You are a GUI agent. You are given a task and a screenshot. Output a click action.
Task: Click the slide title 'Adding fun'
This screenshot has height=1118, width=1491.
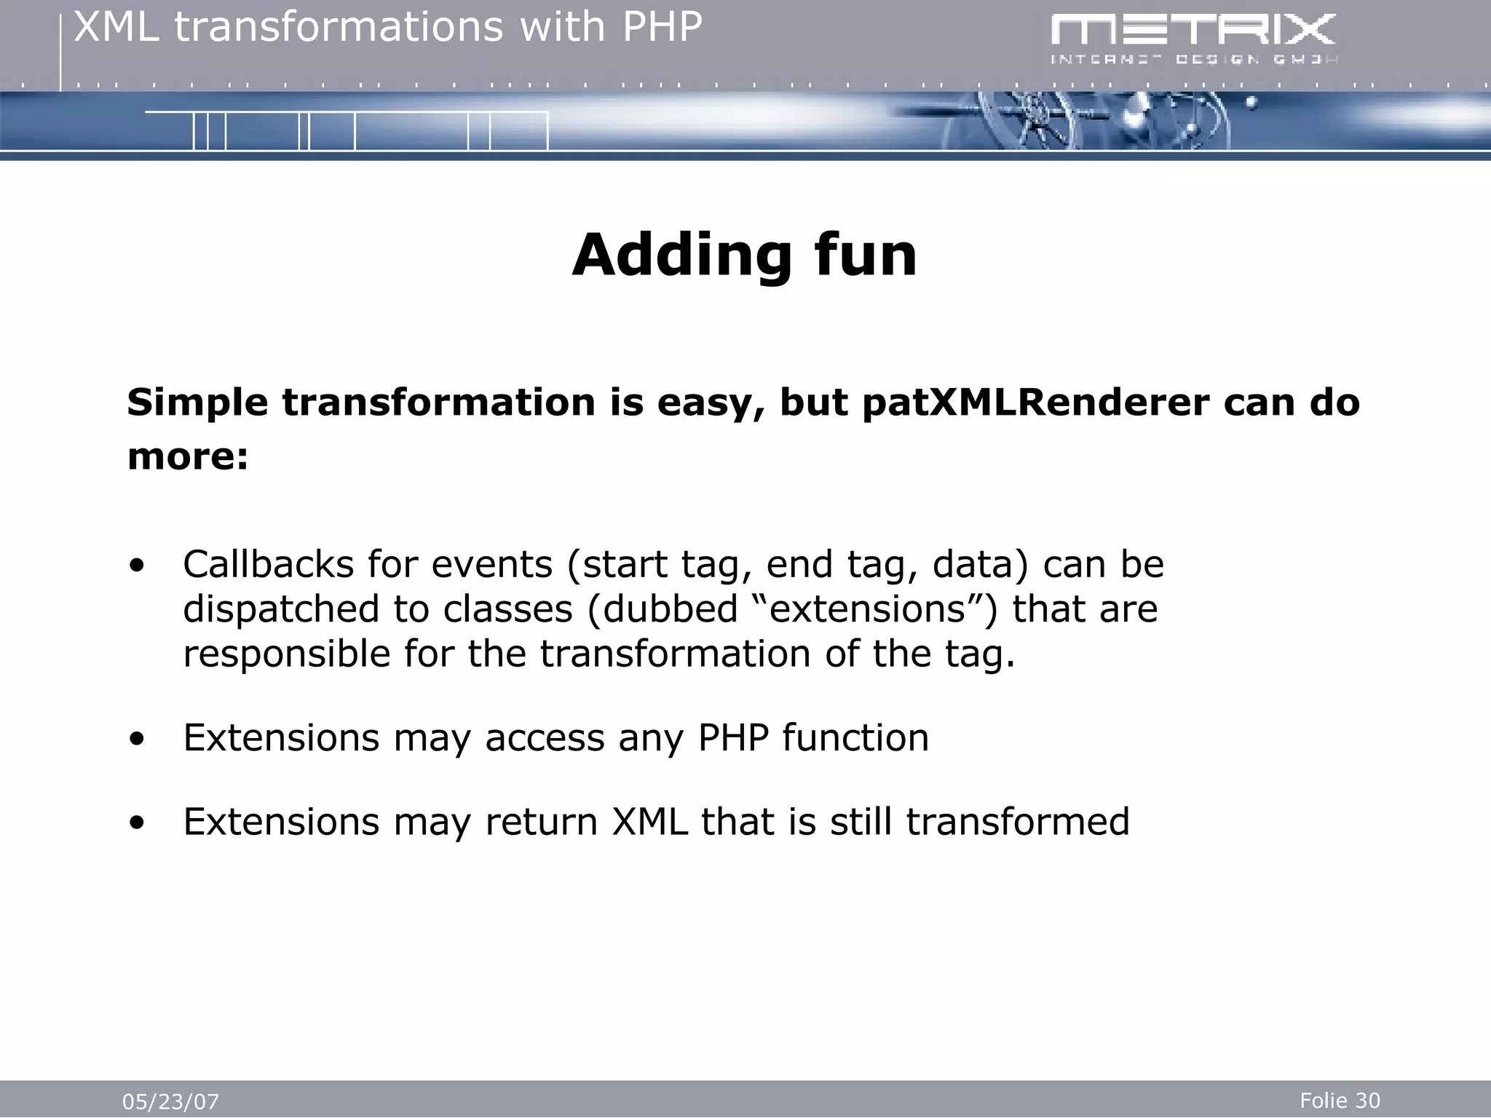click(744, 255)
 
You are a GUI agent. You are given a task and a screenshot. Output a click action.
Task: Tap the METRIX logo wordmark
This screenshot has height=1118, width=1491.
click(1193, 31)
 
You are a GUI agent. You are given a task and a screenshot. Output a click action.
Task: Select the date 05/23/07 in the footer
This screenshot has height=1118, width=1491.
click(170, 1102)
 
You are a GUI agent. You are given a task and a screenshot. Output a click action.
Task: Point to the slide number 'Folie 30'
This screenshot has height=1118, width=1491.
click(1340, 1101)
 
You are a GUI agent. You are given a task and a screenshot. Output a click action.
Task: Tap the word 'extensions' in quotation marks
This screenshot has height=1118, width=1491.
click(867, 609)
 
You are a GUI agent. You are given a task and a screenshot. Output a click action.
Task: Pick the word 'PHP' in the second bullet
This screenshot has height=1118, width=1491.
click(733, 738)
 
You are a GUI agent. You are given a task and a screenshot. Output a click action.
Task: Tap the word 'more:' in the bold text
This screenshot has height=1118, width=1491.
click(188, 457)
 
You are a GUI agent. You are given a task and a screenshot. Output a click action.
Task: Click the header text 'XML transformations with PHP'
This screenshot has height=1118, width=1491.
click(388, 28)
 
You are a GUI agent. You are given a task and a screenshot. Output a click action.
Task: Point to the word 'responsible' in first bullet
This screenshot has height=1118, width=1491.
click(287, 654)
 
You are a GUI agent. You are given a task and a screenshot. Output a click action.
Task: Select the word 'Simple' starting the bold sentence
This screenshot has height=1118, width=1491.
click(197, 403)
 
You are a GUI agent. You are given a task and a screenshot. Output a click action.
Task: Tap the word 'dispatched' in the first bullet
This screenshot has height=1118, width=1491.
click(281, 609)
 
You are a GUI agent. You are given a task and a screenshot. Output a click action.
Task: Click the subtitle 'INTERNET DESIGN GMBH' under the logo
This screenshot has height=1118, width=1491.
click(1193, 60)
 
